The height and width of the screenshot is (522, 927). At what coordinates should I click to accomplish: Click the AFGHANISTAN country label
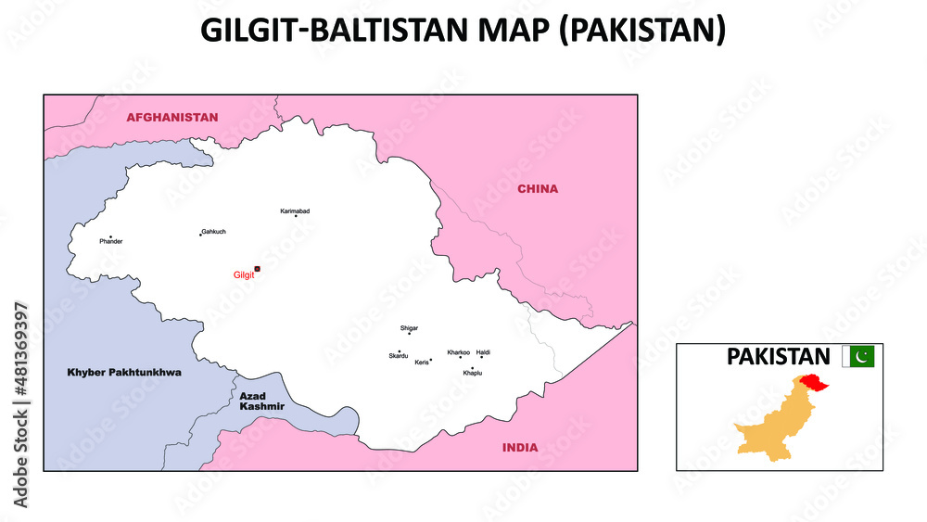click(172, 118)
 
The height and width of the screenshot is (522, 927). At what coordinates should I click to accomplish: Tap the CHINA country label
click(538, 189)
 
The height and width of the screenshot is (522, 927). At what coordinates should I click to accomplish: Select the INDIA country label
click(520, 448)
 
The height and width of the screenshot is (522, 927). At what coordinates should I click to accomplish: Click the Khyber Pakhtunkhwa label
click(124, 372)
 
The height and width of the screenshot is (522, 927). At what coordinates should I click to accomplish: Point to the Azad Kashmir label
click(261, 401)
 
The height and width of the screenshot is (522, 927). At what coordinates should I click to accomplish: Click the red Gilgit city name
click(243, 275)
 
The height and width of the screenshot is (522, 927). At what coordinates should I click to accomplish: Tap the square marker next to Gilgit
click(258, 269)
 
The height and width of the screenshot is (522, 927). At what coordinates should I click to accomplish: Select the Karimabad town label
click(295, 211)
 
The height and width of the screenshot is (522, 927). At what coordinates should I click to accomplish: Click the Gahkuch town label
click(213, 231)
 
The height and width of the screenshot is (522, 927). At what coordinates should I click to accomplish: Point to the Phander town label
click(111, 241)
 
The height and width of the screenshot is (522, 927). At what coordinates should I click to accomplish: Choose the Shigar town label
click(409, 328)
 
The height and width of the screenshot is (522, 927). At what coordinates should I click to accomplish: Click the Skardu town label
click(398, 356)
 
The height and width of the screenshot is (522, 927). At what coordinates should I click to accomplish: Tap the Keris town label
click(422, 362)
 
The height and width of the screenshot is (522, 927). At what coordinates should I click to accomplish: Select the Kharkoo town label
click(458, 352)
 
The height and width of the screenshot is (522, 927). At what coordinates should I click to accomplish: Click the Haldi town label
click(484, 352)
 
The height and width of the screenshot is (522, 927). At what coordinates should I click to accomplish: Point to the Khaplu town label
click(472, 373)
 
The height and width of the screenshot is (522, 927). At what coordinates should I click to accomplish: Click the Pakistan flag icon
click(863, 356)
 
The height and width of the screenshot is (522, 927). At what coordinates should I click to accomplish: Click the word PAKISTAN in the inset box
click(778, 356)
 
